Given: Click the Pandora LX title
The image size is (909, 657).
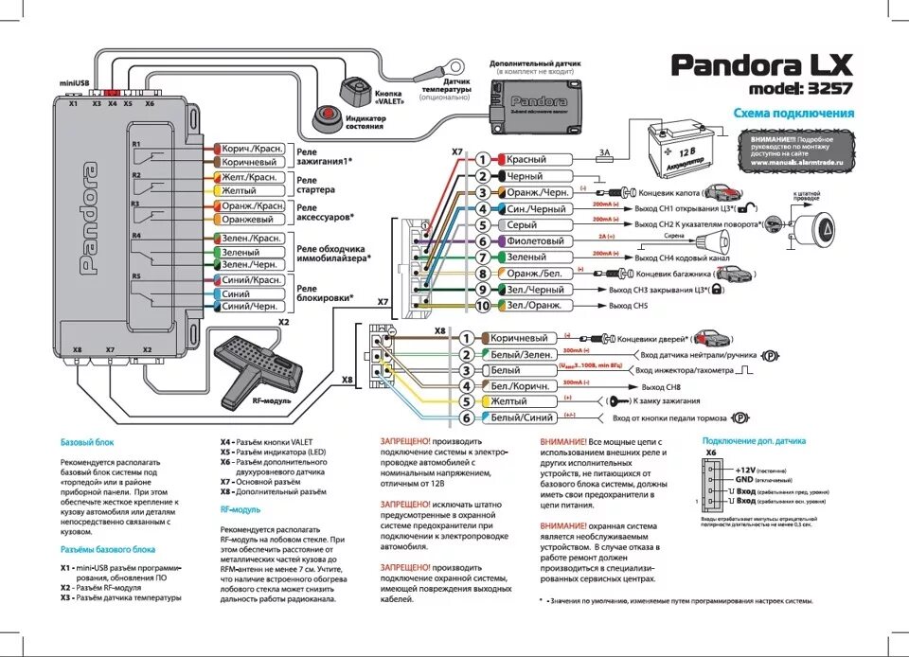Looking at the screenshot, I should [x=761, y=66].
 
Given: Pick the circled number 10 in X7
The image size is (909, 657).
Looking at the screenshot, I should [x=483, y=306].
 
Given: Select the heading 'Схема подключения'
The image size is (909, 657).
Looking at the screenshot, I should [x=793, y=114].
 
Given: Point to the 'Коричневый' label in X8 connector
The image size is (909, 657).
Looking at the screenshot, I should [x=519, y=338].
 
